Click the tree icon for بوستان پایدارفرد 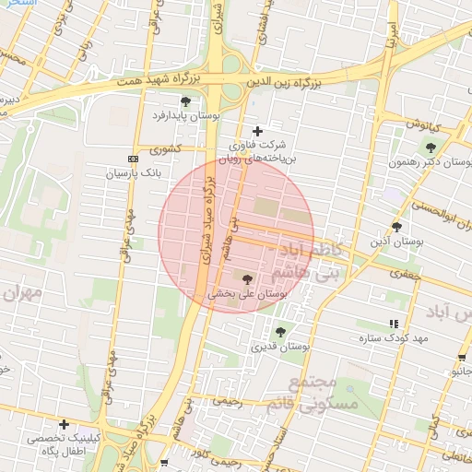186,100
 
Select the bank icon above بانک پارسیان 133,159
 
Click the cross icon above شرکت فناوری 257,131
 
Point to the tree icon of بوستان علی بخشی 247,278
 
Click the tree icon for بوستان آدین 396,227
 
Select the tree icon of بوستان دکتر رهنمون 431,147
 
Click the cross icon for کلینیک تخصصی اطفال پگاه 64,424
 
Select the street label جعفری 405,273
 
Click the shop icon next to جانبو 460,358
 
